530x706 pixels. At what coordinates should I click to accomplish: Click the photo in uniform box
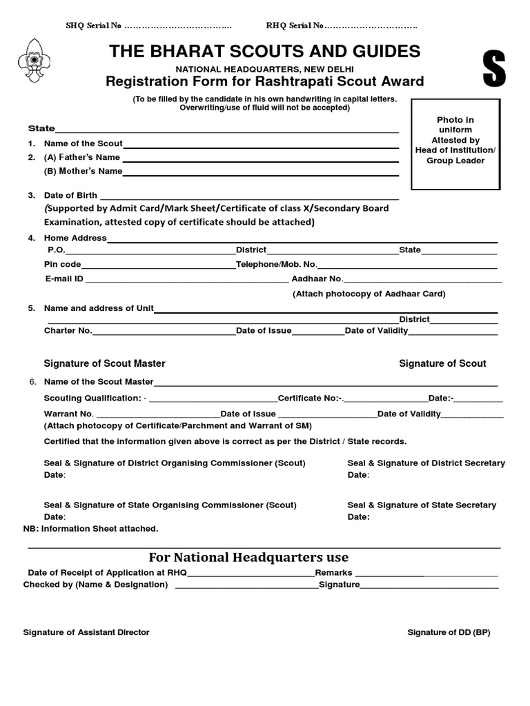click(x=455, y=143)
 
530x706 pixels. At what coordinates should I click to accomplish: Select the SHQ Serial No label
click(x=94, y=26)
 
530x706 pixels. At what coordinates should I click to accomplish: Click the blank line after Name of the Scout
click(x=261, y=145)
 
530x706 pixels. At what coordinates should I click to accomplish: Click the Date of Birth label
click(x=70, y=196)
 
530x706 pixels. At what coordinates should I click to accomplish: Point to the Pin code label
click(x=63, y=265)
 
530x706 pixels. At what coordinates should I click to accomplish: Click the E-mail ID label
click(x=64, y=279)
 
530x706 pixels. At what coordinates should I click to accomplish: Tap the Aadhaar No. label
click(x=317, y=279)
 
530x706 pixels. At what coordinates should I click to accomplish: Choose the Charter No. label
click(x=68, y=331)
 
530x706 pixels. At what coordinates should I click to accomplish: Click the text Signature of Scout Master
click(x=104, y=363)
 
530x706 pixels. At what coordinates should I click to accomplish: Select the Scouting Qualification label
click(x=92, y=399)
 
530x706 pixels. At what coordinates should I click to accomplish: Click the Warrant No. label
click(x=68, y=414)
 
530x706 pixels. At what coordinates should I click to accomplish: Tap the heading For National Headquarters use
click(x=248, y=557)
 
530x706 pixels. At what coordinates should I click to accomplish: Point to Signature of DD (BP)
click(x=449, y=632)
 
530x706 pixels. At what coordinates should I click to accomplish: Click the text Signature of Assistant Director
click(x=86, y=632)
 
